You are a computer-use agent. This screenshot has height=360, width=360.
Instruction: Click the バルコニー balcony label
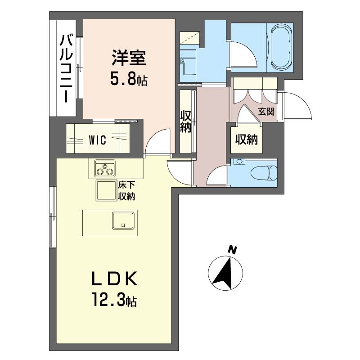tap(66, 68)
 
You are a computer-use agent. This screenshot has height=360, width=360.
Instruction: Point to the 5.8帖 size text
tap(129, 79)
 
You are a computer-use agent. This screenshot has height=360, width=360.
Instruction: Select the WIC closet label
tap(98, 140)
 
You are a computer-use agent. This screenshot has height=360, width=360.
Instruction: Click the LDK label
tap(114, 278)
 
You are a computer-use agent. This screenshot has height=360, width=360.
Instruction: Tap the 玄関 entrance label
tap(266, 112)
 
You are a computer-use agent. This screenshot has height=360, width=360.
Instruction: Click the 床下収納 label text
tap(126, 190)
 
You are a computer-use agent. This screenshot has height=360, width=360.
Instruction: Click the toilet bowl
tap(264, 173)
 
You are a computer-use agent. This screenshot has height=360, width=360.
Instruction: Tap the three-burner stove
tap(105, 168)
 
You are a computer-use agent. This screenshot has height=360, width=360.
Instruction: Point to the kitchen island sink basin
tap(123, 220)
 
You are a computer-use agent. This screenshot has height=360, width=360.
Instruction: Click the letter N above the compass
tap(232, 250)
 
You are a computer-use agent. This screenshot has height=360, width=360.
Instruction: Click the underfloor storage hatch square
tap(106, 190)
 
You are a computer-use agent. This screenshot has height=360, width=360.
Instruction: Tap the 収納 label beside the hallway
tap(185, 121)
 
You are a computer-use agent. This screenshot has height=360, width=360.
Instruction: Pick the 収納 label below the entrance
tap(246, 139)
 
